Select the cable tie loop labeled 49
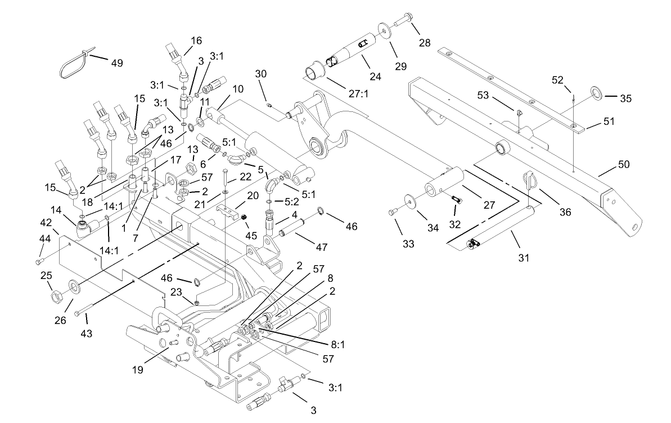point(73,64)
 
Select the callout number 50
point(624,164)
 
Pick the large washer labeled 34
point(409,201)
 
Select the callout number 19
point(138,370)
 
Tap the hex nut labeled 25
point(57,294)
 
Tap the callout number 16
point(196,40)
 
